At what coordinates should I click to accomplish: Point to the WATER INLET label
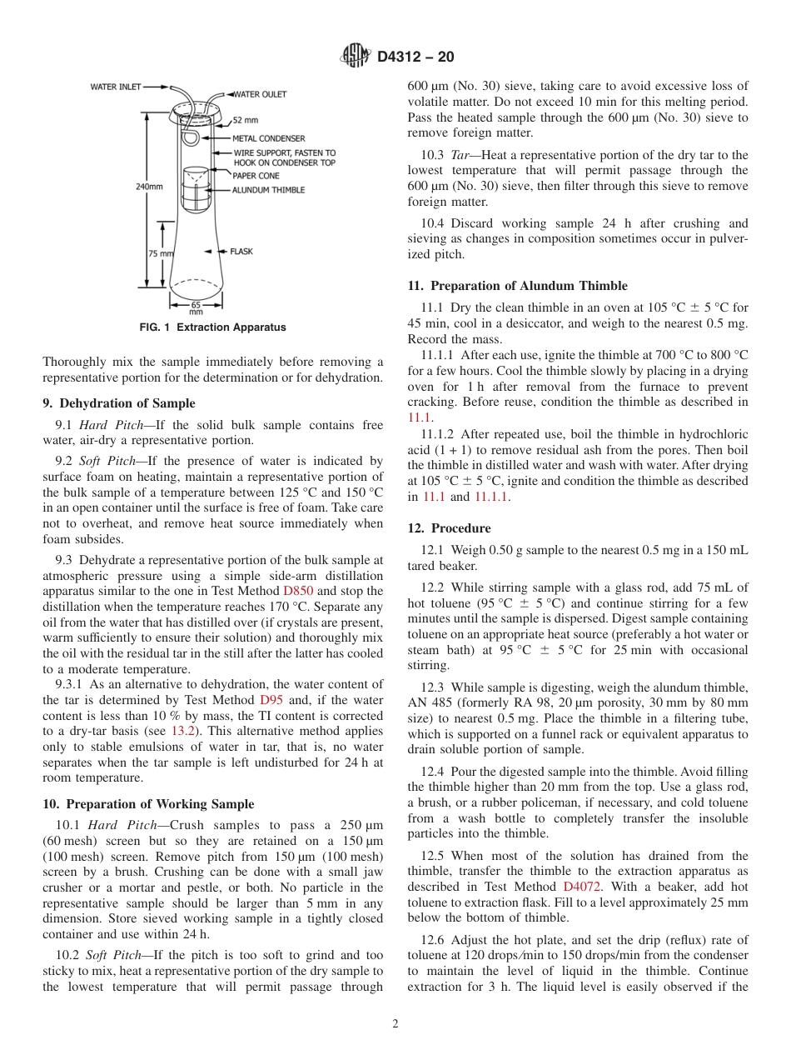(116, 86)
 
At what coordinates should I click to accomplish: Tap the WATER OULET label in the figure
(260, 94)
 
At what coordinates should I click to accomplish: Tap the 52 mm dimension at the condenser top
(245, 120)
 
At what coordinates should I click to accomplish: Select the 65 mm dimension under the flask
(197, 307)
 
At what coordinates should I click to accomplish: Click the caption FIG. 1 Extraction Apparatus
(213, 327)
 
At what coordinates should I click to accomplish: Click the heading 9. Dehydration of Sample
(119, 403)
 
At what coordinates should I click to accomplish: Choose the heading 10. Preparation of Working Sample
(148, 804)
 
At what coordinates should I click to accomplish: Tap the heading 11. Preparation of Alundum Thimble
(517, 286)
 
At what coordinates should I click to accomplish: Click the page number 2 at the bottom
(395, 1024)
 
